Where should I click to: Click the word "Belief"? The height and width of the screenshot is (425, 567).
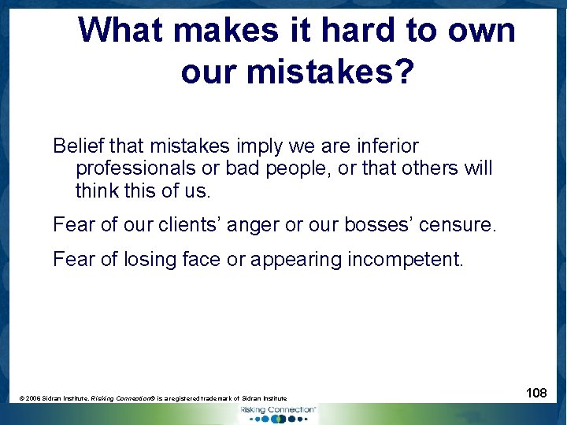coord(78,146)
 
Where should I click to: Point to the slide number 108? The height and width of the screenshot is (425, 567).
coord(536,392)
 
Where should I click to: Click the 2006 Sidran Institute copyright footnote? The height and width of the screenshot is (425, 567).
coord(154,399)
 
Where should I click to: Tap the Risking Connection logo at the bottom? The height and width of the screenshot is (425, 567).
coord(277,413)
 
